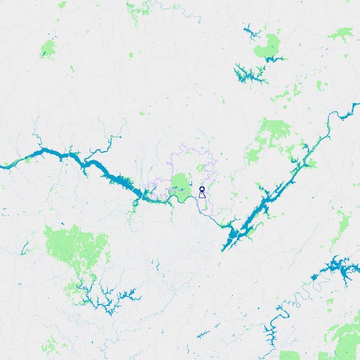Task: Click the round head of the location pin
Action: click(x=202, y=188)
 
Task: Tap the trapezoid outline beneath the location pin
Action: click(x=202, y=195)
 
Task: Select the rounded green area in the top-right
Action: click(x=268, y=47)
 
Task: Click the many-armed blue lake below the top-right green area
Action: click(x=249, y=74)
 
